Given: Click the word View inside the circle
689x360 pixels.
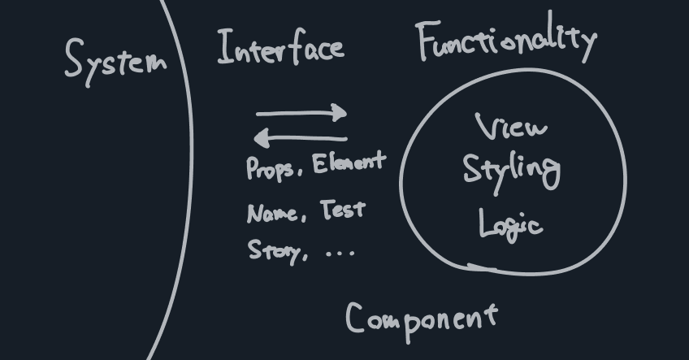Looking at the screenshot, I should pos(511,128).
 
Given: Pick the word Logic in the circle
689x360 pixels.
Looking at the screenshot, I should pos(509,223).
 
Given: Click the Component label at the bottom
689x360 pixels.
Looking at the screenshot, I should pos(421,318).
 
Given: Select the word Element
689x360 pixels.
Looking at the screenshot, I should pos(348,163).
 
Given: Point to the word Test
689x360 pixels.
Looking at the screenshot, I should pos(343,210).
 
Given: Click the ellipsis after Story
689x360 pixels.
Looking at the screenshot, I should pos(340,253).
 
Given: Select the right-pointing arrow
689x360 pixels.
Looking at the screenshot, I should pos(301,114).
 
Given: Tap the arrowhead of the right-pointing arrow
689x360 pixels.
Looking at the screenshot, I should pos(341,113).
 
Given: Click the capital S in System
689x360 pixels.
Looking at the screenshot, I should pos(76,59).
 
